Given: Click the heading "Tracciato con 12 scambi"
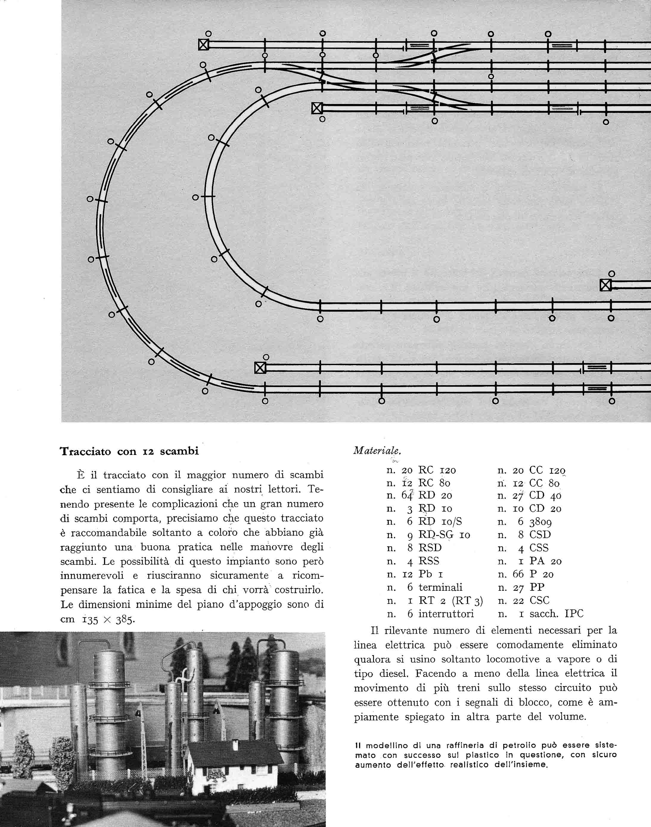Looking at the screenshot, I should pos(129,451).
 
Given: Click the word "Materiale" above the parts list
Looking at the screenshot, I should pos(377,450).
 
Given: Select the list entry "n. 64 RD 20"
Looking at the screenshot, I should pos(419,495).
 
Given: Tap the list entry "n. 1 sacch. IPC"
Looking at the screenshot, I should pos(540,614).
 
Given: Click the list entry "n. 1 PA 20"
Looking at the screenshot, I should pos(530,561).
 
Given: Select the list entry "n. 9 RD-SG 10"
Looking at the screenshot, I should pos(428,535).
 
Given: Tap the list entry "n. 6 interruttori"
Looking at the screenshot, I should pos(430,614).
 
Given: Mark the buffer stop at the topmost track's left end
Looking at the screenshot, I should pos(204,45).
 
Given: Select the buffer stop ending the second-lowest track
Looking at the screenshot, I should pos(260,368).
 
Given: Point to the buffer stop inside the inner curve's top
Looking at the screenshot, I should pos(317,108).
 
